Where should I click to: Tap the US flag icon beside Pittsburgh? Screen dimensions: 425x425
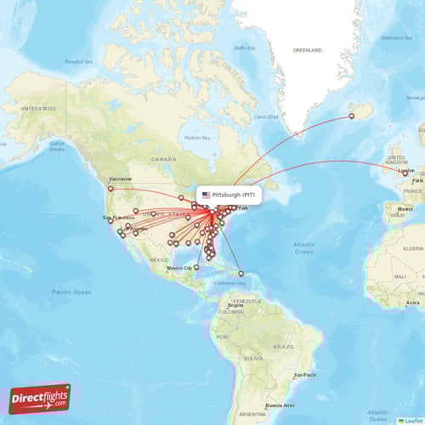coord(206,195)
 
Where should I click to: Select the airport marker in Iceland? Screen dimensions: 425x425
coord(353,117)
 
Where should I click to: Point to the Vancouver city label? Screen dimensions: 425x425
coord(122,178)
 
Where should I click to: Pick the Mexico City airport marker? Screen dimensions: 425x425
coord(196,267)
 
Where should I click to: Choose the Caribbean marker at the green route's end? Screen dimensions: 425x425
coord(241,274)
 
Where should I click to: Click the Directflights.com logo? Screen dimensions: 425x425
coord(40,398)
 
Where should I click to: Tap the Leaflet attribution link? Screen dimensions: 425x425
coord(411,420)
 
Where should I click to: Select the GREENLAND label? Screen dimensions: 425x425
coord(307,51)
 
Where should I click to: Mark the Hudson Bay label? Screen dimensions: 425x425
coord(196,137)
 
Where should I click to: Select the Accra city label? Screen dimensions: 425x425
coord(412,303)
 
